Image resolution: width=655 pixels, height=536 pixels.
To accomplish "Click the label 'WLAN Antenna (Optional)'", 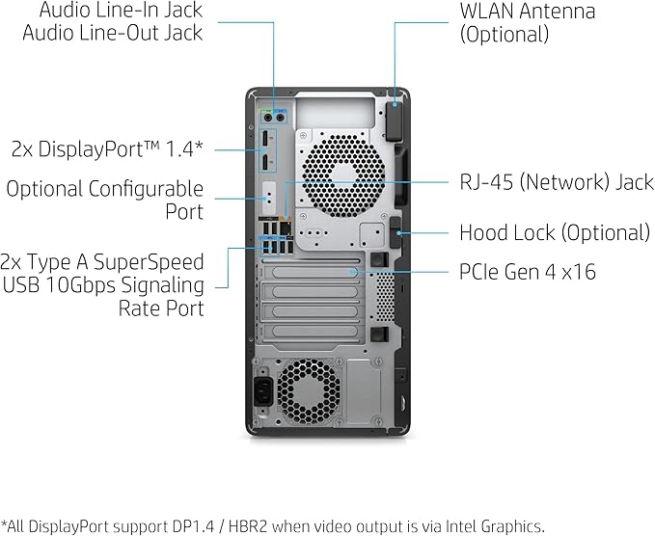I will (x=527, y=22).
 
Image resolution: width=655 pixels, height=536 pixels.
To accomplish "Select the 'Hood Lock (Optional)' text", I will (x=554, y=232).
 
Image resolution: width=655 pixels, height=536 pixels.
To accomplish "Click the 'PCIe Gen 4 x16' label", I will (x=527, y=272).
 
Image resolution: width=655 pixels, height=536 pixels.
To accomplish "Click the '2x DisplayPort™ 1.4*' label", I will (x=107, y=148).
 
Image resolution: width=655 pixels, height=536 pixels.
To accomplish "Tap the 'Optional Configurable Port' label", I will (x=105, y=200).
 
